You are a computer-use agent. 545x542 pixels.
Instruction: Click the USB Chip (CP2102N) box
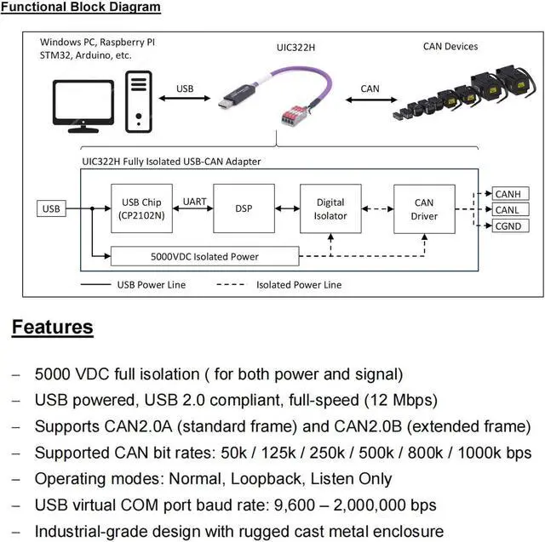[x=141, y=208]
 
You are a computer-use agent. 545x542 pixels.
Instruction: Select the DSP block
[x=244, y=208]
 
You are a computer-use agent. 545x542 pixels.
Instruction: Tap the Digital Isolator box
[x=330, y=208]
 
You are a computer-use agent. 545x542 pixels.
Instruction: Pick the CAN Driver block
[x=424, y=208]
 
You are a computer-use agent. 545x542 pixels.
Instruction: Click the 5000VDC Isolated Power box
[x=204, y=256]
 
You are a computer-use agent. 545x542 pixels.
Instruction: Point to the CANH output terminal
[x=511, y=193]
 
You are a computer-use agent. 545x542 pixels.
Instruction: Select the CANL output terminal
[x=511, y=209]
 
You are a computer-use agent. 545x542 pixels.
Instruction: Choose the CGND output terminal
[x=511, y=225]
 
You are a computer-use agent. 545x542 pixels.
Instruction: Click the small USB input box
[x=51, y=208]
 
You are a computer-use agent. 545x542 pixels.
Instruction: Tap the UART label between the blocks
[x=194, y=202]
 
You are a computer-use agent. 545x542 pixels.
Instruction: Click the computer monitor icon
[x=83, y=106]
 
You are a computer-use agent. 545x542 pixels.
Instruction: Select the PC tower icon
[x=139, y=101]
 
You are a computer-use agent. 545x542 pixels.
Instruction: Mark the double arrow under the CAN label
[x=371, y=100]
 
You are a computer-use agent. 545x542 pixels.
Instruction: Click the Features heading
[x=53, y=327]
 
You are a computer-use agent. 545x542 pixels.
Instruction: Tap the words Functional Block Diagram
[x=81, y=7]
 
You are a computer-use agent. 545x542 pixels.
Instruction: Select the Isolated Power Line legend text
[x=299, y=285]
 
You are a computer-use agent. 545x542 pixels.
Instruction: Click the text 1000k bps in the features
[x=495, y=453]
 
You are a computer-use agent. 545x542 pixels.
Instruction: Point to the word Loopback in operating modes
[x=266, y=479]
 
